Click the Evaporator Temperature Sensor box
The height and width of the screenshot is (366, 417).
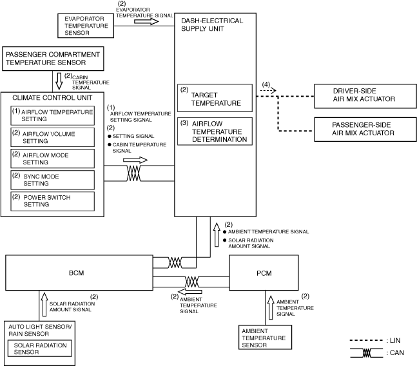[86, 26]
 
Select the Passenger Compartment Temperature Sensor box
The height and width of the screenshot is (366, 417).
[53, 59]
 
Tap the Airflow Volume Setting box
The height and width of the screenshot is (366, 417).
[52, 137]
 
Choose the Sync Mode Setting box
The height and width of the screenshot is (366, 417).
[52, 180]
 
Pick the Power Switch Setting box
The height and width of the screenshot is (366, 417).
[52, 201]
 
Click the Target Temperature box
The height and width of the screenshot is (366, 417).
[215, 98]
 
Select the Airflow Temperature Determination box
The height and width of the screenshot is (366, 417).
[215, 131]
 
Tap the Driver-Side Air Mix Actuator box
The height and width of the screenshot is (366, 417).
[365, 96]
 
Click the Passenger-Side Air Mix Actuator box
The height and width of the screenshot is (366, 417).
[365, 130]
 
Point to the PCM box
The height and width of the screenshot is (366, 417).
[264, 273]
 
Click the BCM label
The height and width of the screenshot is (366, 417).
[76, 273]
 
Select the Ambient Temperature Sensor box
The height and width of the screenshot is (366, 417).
[265, 337]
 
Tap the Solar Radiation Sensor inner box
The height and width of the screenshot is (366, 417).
[39, 349]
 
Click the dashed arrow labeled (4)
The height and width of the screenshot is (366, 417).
[268, 91]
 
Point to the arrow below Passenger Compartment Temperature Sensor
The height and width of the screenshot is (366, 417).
[59, 81]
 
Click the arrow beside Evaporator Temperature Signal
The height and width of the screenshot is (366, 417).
[146, 21]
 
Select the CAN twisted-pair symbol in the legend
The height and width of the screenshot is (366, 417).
[367, 353]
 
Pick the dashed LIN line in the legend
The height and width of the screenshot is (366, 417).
[366, 340]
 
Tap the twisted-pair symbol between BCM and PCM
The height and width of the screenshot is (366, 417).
[191, 282]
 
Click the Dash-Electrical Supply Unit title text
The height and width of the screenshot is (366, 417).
[212, 24]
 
